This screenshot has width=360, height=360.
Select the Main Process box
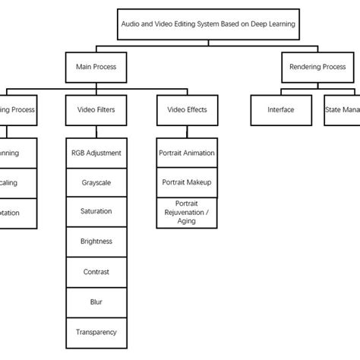pos(96,66)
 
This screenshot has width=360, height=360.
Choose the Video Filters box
pos(96,109)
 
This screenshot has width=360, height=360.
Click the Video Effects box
pos(187,109)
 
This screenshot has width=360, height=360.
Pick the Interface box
pos(280,109)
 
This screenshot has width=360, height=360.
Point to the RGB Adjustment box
pos(96,153)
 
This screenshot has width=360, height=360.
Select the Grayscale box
pos(96,182)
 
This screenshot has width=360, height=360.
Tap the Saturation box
pos(96,211)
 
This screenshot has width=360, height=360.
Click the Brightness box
pos(96,241)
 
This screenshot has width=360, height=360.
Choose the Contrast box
pos(96,270)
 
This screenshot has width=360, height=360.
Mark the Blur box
pos(96,301)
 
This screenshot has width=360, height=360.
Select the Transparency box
pos(96,331)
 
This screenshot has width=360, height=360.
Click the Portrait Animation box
pos(187,153)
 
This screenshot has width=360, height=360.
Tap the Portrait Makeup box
pos(187,182)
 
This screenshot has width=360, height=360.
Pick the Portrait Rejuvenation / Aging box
pos(187,212)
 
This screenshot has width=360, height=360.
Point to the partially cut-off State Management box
pos(342,109)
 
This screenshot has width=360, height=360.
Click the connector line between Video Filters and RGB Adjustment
pos(96,131)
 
